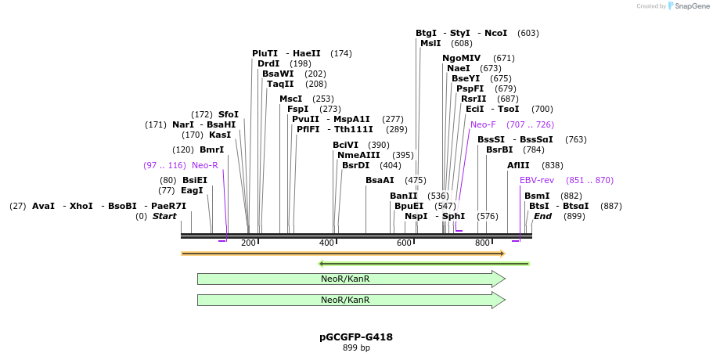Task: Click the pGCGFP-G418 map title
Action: pos(356,337)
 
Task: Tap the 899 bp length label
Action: pos(356,347)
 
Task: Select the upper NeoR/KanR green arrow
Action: pos(351,279)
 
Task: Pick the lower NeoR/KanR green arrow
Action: pos(351,300)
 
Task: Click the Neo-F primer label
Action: pos(483,124)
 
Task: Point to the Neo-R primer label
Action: pos(205,165)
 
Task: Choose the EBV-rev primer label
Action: pos(537,180)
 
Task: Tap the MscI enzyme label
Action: pos(290,99)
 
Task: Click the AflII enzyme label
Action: pos(518,165)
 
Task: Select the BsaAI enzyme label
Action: pos(380,180)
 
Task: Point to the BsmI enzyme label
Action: pos(537,196)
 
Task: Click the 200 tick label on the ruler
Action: pos(248,243)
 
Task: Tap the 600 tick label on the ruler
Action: pos(404,243)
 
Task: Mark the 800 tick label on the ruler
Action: pos(482,243)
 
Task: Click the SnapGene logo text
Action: pos(688,6)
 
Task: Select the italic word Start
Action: pos(164,216)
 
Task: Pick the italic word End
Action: pos(542,216)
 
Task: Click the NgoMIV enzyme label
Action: pos(462,58)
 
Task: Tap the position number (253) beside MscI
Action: pos(322,99)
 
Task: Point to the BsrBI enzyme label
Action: pos(499,149)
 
